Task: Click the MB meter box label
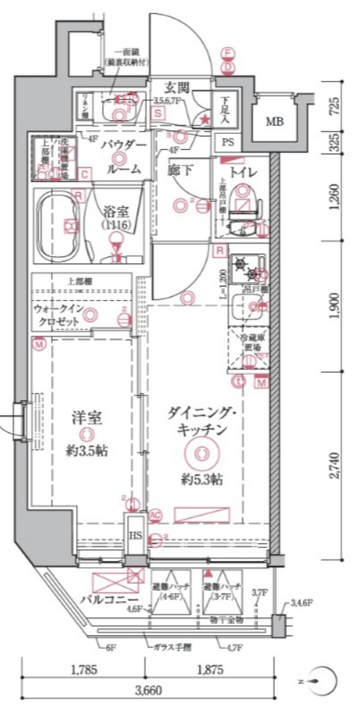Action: pyautogui.click(x=275, y=121)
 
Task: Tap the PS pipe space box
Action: pyautogui.click(x=228, y=143)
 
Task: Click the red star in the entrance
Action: pyautogui.click(x=205, y=119)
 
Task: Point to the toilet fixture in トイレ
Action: pyautogui.click(x=245, y=200)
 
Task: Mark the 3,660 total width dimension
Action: pyautogui.click(x=148, y=690)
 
